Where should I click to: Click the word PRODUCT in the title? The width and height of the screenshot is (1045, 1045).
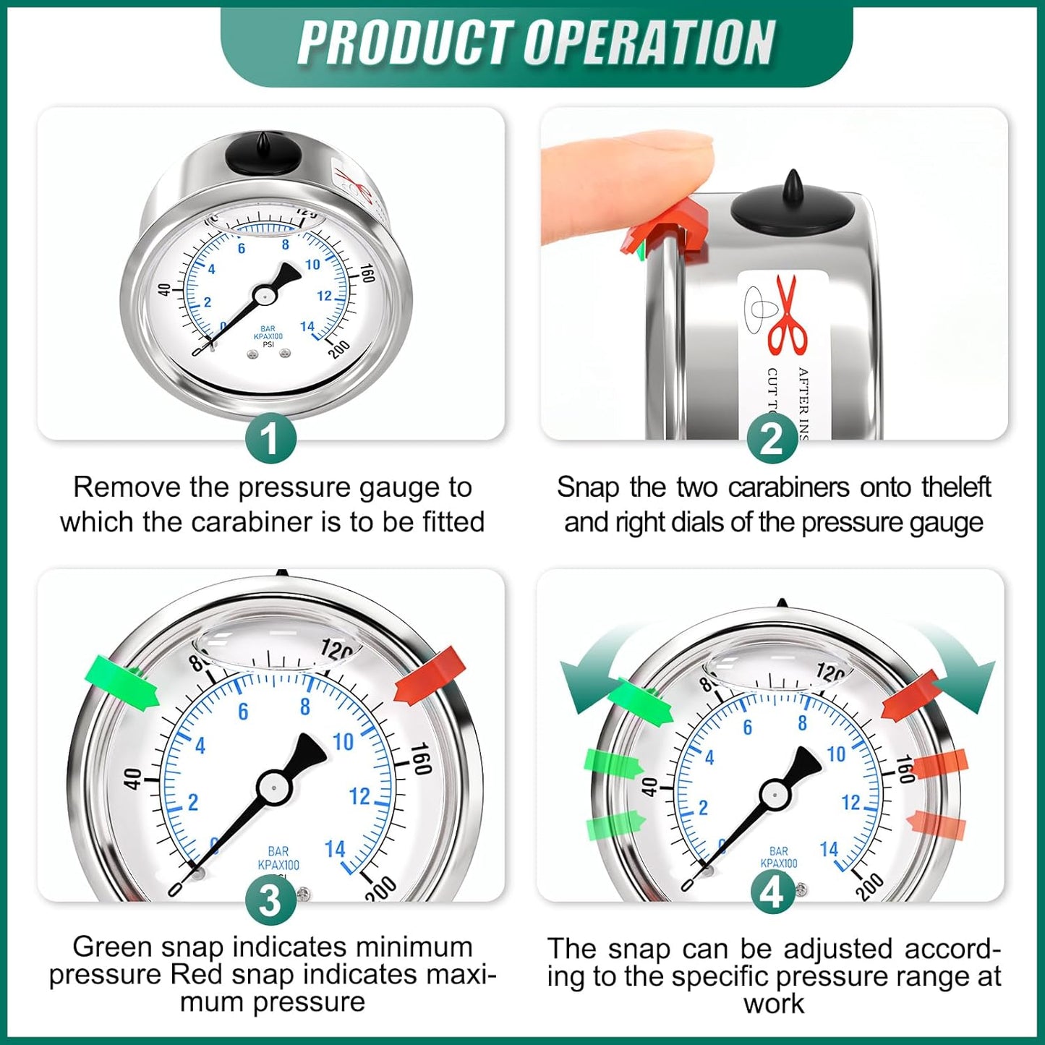(x=406, y=43)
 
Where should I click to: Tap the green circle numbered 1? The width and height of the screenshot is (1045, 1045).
(x=270, y=439)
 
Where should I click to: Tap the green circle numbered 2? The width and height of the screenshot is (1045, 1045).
(x=772, y=439)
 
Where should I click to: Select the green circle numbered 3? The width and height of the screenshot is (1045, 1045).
(x=270, y=900)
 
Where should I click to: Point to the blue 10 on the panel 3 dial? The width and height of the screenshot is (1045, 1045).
(x=343, y=742)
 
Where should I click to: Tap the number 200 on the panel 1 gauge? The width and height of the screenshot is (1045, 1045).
(x=338, y=349)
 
